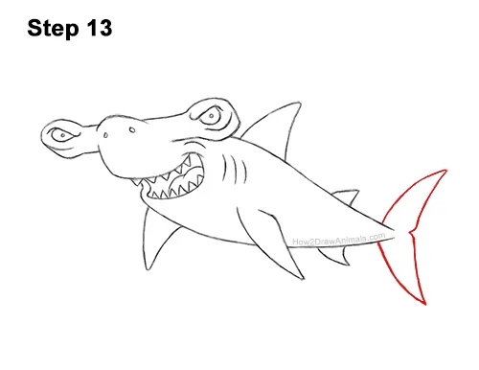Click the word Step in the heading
click(x=53, y=29)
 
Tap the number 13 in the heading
click(x=99, y=28)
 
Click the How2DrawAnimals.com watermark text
click(x=339, y=240)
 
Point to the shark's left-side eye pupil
click(x=63, y=135)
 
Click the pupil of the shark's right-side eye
click(x=212, y=115)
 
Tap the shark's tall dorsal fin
click(x=276, y=127)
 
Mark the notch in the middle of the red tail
click(x=411, y=232)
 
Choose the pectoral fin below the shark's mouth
click(x=155, y=238)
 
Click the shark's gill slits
click(x=235, y=170)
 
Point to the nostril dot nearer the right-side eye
click(x=132, y=129)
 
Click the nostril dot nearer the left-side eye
click(x=105, y=135)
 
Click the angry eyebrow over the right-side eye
click(x=208, y=108)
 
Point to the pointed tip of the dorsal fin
click(x=300, y=103)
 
